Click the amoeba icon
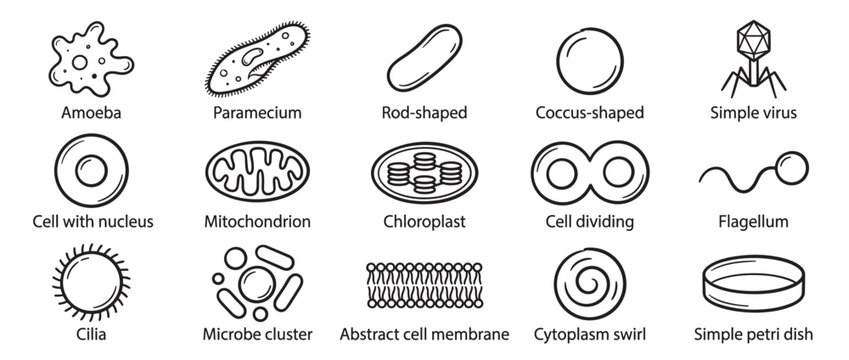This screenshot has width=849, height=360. (x=76, y=59)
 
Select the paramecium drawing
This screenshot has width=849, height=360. (x=256, y=62)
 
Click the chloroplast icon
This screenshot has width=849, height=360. (x=424, y=169)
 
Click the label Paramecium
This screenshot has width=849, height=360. (x=257, y=112)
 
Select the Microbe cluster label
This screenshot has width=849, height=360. (x=257, y=333)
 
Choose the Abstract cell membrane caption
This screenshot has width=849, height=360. (x=424, y=333)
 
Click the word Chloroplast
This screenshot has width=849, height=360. (x=424, y=221)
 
